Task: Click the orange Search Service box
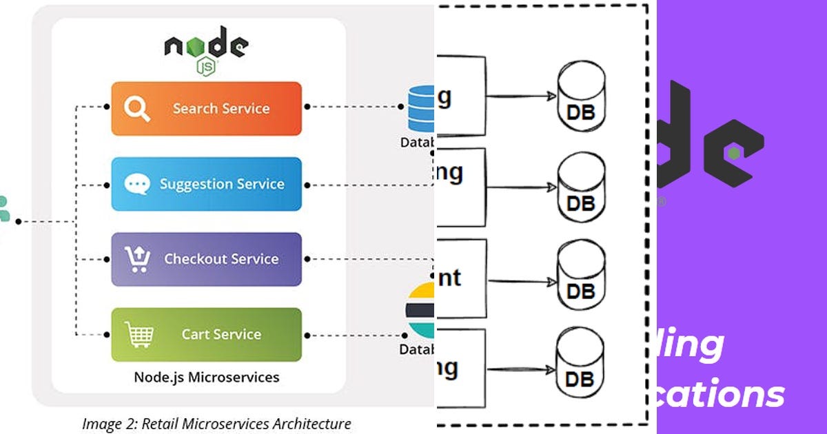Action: click(x=207, y=109)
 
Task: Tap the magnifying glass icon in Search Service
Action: click(x=136, y=109)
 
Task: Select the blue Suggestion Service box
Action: click(x=207, y=184)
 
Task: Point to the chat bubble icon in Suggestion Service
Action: click(x=136, y=184)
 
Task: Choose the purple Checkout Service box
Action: click(x=207, y=259)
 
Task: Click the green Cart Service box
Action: click(x=207, y=334)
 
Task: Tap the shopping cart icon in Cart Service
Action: click(x=139, y=334)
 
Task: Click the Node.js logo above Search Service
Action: click(x=205, y=49)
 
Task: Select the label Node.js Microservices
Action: click(x=207, y=377)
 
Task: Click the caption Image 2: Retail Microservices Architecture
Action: click(x=216, y=424)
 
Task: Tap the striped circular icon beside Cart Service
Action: click(x=420, y=310)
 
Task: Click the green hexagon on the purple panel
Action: click(x=735, y=153)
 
